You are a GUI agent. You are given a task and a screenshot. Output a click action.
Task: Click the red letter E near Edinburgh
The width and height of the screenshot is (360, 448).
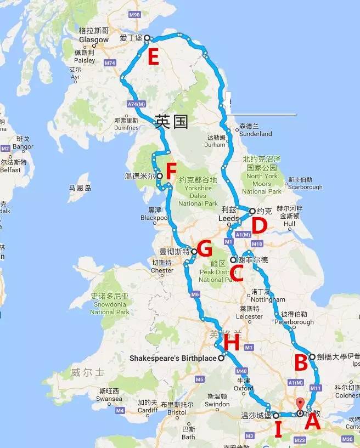coord(153,57)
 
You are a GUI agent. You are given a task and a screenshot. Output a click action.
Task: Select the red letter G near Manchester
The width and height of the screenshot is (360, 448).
coord(204,249)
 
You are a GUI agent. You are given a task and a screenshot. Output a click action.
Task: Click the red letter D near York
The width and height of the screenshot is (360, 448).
coord(259,225)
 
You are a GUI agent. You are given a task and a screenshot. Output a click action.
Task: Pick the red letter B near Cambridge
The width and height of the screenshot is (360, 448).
coord(301,363)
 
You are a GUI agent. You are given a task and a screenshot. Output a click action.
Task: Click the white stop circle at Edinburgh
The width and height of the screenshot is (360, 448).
coord(147,38)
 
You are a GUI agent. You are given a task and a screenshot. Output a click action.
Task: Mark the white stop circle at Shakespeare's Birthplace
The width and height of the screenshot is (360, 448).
coord(221,358)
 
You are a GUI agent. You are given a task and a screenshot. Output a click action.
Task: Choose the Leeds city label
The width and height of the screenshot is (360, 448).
coord(229,218)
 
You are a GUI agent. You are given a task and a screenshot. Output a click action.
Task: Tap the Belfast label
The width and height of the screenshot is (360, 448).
coord(10,170)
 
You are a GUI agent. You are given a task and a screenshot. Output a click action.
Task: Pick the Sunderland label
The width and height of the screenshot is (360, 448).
coord(256,133)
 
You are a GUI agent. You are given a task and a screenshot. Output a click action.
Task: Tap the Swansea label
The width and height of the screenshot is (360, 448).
coord(110,399)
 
